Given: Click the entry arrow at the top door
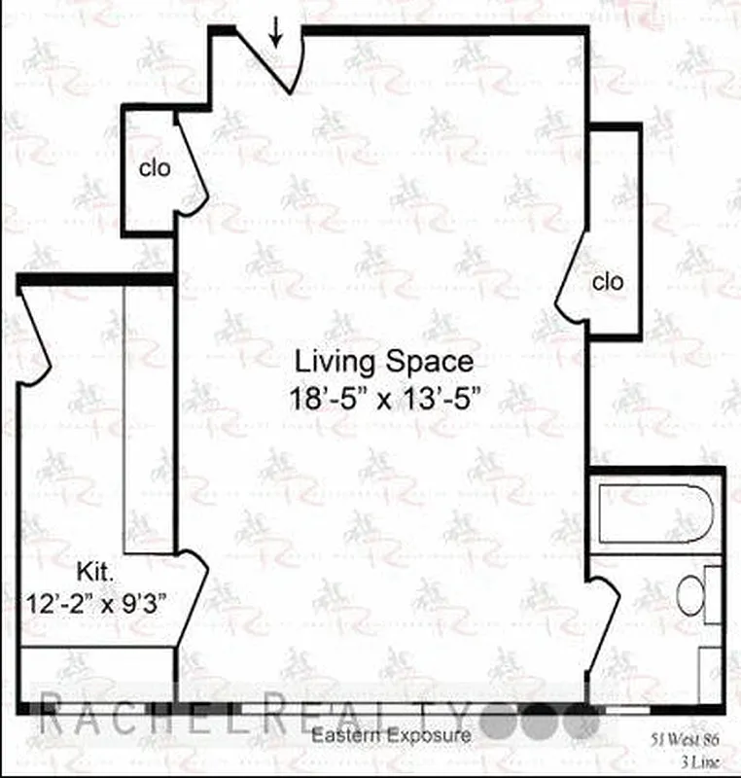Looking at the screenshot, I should pyautogui.click(x=277, y=34).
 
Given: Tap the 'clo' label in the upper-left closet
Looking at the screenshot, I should pyautogui.click(x=155, y=167).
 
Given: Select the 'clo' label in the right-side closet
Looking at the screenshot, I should pyautogui.click(x=607, y=282).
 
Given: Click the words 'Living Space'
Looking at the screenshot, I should pyautogui.click(x=385, y=362).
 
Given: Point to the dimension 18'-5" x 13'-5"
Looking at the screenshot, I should pyautogui.click(x=385, y=399).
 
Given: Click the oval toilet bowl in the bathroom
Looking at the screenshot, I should pyautogui.click(x=690, y=594).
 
